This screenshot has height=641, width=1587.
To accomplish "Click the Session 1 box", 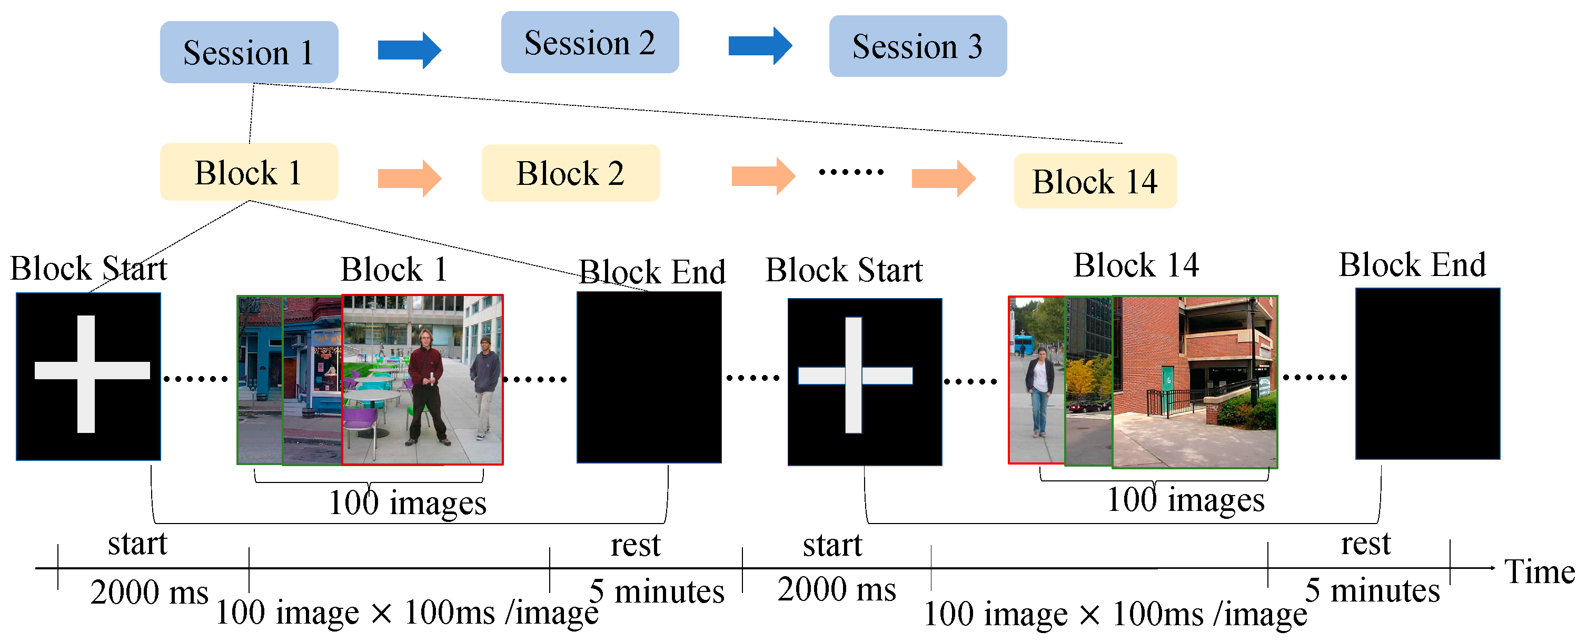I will [x=249, y=52].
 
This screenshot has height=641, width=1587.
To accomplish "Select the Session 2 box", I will [x=590, y=43].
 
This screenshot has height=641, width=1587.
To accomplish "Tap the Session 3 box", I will [x=917, y=46].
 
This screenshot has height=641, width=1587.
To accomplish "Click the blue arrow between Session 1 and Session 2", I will [x=409, y=50].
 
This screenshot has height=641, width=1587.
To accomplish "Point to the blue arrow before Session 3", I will [x=760, y=46].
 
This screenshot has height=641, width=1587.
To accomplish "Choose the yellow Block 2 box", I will [x=570, y=173].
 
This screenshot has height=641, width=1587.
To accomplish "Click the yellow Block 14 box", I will [x=1095, y=181].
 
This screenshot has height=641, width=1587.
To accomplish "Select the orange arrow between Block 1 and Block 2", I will [x=409, y=178].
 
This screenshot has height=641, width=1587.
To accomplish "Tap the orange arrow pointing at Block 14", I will [x=943, y=178].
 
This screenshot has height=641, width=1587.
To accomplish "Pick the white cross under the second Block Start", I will [x=854, y=376].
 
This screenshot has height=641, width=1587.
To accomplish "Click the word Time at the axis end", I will [x=1539, y=571].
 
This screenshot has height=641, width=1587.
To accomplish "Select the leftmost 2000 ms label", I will [x=149, y=593].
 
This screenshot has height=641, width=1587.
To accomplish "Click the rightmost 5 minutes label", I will [x=1372, y=590].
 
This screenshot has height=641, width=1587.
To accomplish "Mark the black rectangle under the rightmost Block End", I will [x=1427, y=374].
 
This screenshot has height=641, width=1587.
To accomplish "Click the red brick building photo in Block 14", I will [x=1195, y=382].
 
